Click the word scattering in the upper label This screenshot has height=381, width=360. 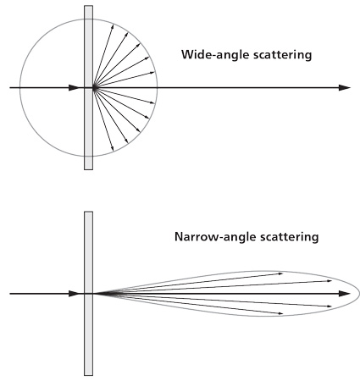click(283, 54)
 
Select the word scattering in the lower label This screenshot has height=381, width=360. click(289, 236)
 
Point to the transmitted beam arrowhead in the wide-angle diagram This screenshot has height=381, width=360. click(345, 88)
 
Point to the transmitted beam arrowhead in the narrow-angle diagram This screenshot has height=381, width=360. click(345, 294)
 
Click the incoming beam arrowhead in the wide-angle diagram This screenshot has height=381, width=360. click(74, 88)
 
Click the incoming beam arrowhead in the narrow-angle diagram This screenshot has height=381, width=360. click(74, 294)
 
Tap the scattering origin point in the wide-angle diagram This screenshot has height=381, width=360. click(94, 88)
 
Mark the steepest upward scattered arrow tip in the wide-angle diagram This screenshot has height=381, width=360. click(114, 25)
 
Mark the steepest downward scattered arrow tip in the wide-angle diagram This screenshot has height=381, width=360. click(114, 151)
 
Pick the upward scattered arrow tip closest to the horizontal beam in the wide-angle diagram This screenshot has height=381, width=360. click(155, 73)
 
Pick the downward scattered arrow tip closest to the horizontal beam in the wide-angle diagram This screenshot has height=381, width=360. click(155, 103)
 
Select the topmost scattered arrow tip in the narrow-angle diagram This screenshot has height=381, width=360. click(283, 273)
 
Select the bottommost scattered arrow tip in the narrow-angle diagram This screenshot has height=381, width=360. click(283, 313)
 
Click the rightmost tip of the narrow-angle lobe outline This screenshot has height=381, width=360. click(359, 294)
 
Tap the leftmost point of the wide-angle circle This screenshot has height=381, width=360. click(19, 87)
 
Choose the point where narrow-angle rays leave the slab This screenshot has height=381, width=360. click(93, 294)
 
